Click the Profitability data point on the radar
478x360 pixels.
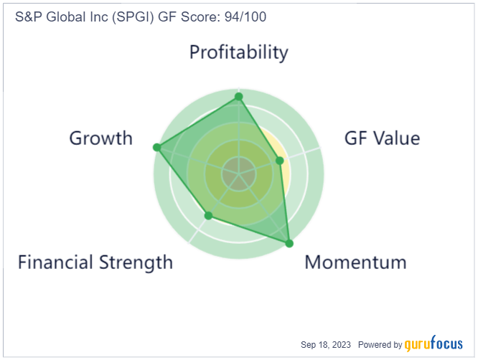tap(239, 97)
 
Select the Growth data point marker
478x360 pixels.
tap(156, 148)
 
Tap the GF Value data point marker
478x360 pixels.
tap(279, 161)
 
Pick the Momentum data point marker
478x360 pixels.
tap(289, 243)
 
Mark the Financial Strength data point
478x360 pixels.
tap(208, 216)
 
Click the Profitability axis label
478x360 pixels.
tap(239, 52)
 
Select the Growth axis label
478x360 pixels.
tap(101, 138)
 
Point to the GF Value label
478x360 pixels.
tap(382, 138)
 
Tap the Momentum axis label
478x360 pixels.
tap(355, 262)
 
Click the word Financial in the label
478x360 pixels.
tap(55, 262)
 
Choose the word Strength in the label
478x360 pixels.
tap(136, 262)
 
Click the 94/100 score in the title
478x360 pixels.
tap(245, 16)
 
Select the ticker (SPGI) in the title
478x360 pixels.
tap(133, 17)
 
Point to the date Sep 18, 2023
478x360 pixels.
tap(326, 345)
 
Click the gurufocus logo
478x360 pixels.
tap(434, 344)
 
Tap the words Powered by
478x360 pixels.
tap(380, 345)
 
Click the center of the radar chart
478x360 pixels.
tap(239, 174)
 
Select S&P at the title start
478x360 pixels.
tap(29, 16)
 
